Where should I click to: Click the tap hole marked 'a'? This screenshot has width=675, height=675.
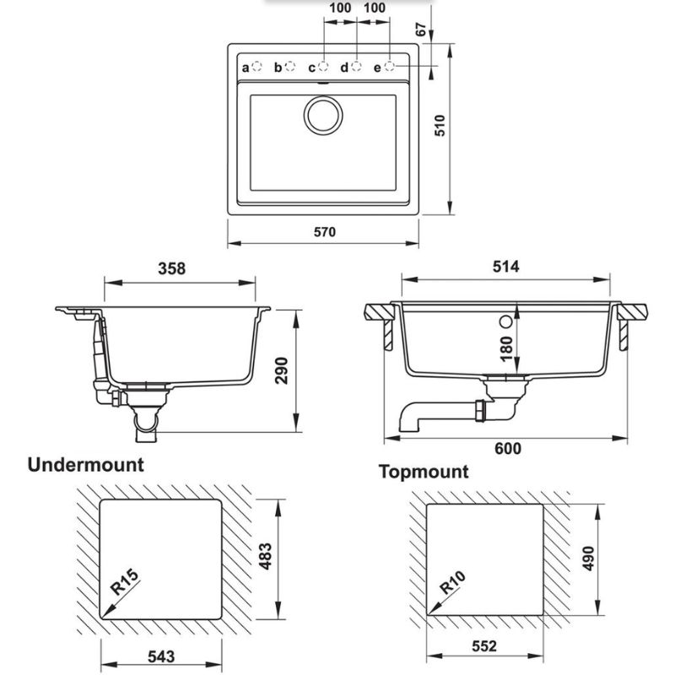pyautogui.click(x=257, y=67)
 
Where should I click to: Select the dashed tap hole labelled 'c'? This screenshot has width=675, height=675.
pyautogui.click(x=323, y=67)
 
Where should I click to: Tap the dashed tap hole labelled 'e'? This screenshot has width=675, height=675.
pyautogui.click(x=389, y=67)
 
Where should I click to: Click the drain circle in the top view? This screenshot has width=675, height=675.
pyautogui.click(x=323, y=115)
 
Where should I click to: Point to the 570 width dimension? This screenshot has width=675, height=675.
pyautogui.click(x=324, y=232)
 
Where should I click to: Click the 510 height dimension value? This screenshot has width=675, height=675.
pyautogui.click(x=440, y=125)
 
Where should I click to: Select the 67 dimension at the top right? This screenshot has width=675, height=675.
pyautogui.click(x=421, y=30)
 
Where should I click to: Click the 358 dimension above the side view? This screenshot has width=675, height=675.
pyautogui.click(x=172, y=268)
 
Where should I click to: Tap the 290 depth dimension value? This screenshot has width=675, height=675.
pyautogui.click(x=281, y=370)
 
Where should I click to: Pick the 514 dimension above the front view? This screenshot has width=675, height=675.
pyautogui.click(x=505, y=267)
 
